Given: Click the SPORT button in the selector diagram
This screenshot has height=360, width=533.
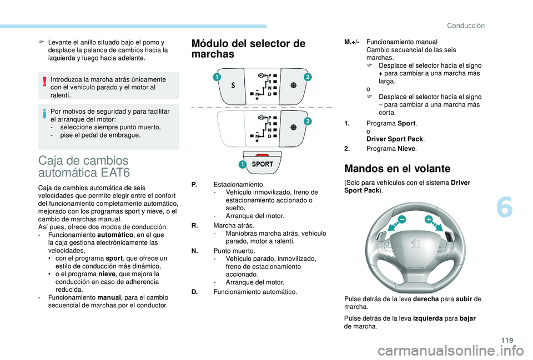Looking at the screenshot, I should click(262, 164).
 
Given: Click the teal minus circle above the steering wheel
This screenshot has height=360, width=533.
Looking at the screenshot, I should click(401, 220).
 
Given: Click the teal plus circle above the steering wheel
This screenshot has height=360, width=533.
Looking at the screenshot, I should click(429, 220).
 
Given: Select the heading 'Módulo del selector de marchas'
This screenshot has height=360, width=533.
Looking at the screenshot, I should click(248, 49).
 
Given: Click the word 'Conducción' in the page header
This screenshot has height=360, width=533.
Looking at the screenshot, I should click(466, 26).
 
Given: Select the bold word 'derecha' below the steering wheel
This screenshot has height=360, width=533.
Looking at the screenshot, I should click(427, 299).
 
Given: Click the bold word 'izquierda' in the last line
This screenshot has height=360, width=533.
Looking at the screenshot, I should click(428, 318).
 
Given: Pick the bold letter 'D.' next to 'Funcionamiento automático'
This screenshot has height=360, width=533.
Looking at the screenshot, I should click(194, 292).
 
